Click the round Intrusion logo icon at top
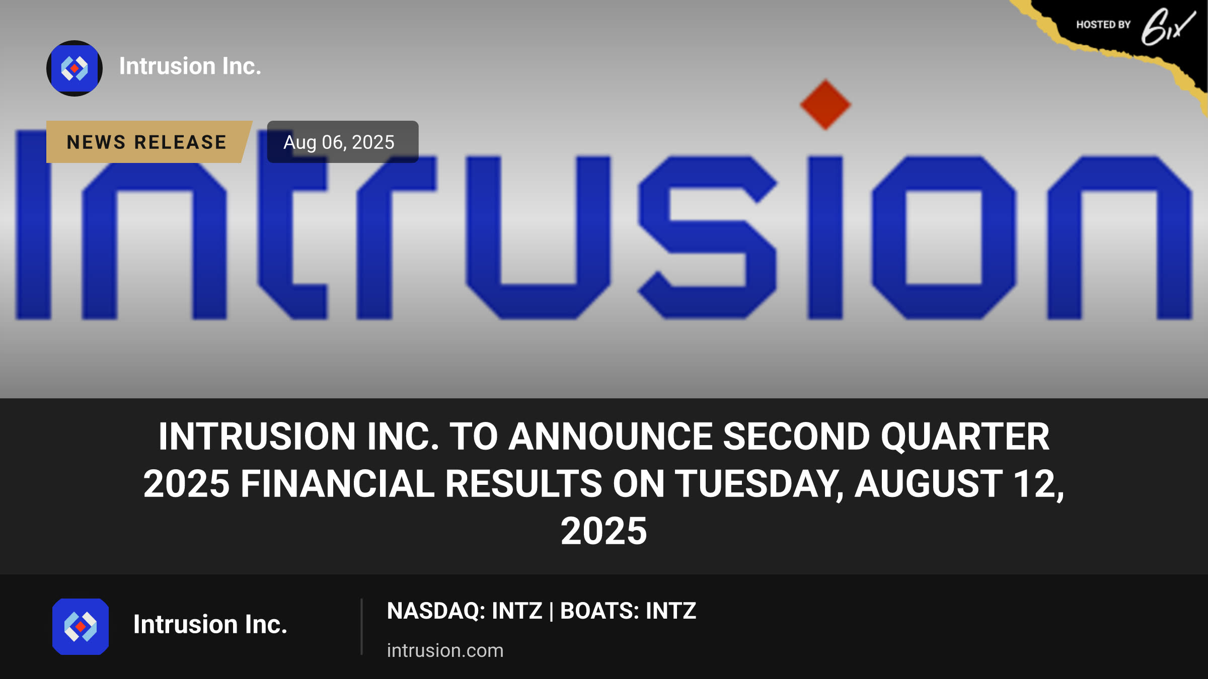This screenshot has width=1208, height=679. click(x=74, y=68)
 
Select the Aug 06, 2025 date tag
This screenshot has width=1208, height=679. click(x=342, y=142)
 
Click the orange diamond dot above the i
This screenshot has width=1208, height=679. click(x=825, y=105)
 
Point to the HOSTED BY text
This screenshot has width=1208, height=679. click(x=1103, y=25)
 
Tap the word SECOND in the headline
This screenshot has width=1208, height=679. click(x=796, y=436)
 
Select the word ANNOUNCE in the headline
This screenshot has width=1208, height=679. click(x=611, y=436)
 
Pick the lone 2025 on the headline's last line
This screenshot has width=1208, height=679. click(x=603, y=531)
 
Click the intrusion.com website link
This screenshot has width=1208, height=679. click(x=445, y=650)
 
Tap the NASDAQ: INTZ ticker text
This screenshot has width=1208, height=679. click(x=465, y=611)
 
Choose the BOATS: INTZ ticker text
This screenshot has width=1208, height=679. click(x=628, y=611)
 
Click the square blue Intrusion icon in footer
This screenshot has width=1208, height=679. click(x=81, y=627)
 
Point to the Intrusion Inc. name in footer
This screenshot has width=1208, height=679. click(x=210, y=624)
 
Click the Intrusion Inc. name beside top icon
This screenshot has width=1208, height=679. click(x=190, y=66)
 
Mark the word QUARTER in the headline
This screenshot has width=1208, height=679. click(x=965, y=436)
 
